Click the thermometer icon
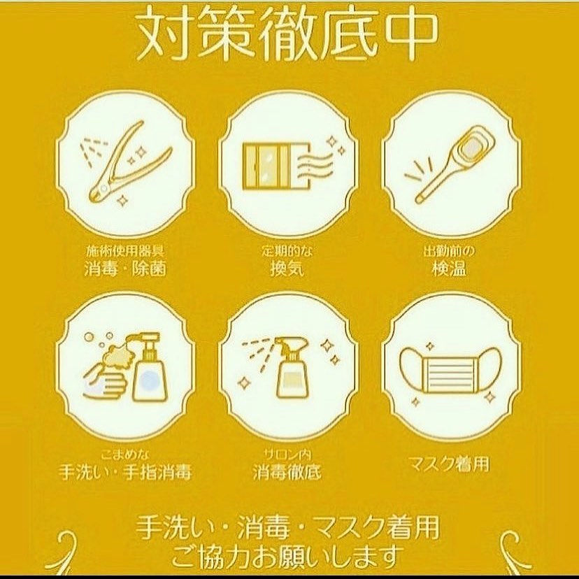tap(450, 164)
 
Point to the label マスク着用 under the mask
tap(450, 464)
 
